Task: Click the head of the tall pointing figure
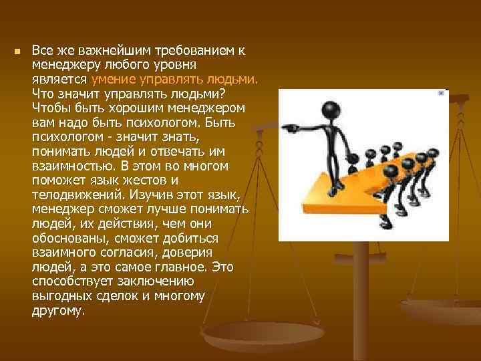pyautogui.click(x=328, y=109)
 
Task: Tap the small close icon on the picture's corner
pyautogui.click(x=441, y=94)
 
